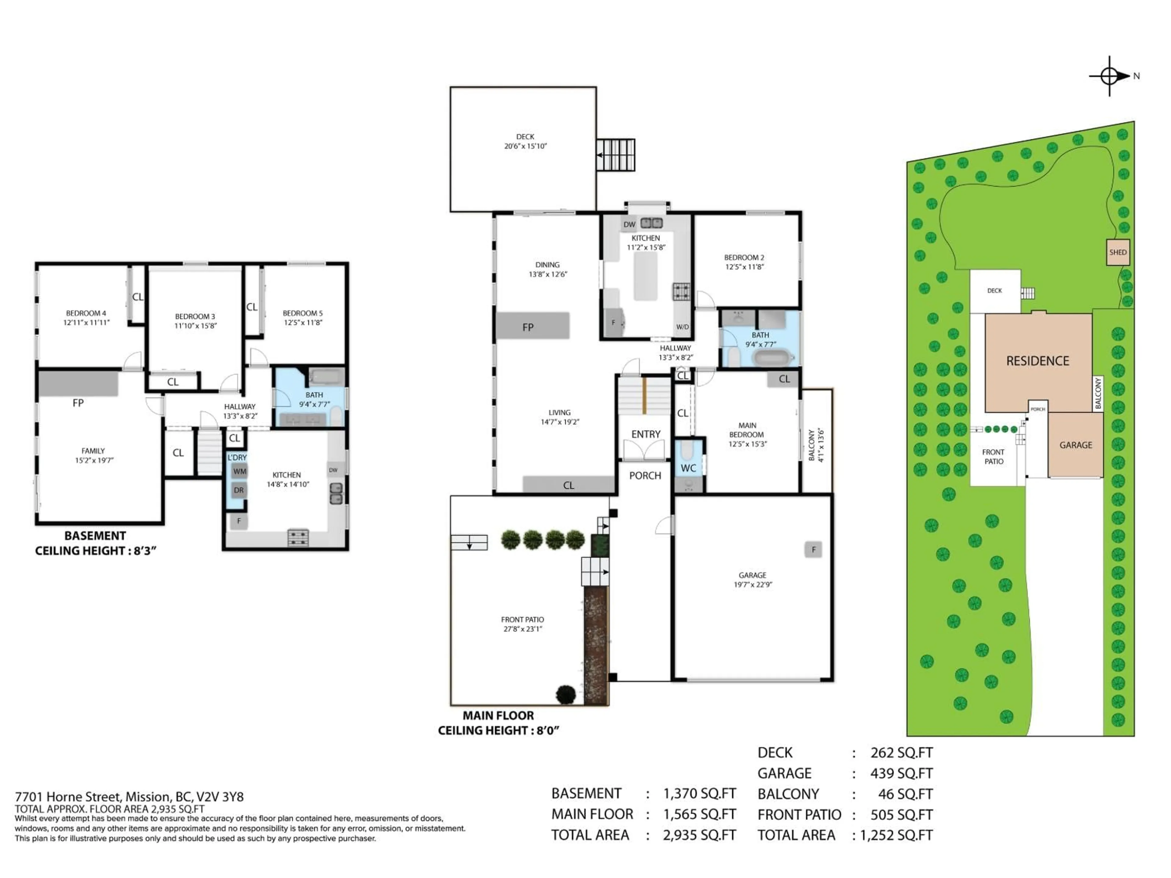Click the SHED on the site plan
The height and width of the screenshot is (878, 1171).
[1118, 252]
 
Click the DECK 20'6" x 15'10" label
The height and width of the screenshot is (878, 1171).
[525, 141]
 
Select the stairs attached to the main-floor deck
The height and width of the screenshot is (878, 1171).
[616, 155]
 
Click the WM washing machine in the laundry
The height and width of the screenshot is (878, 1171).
[239, 472]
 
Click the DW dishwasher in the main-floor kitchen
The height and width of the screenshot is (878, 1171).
[629, 224]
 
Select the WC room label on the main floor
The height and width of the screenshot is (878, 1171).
[688, 468]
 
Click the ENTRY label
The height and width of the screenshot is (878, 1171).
[645, 434]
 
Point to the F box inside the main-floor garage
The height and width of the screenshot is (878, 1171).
[813, 549]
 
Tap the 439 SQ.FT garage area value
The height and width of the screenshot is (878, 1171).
[901, 774]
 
